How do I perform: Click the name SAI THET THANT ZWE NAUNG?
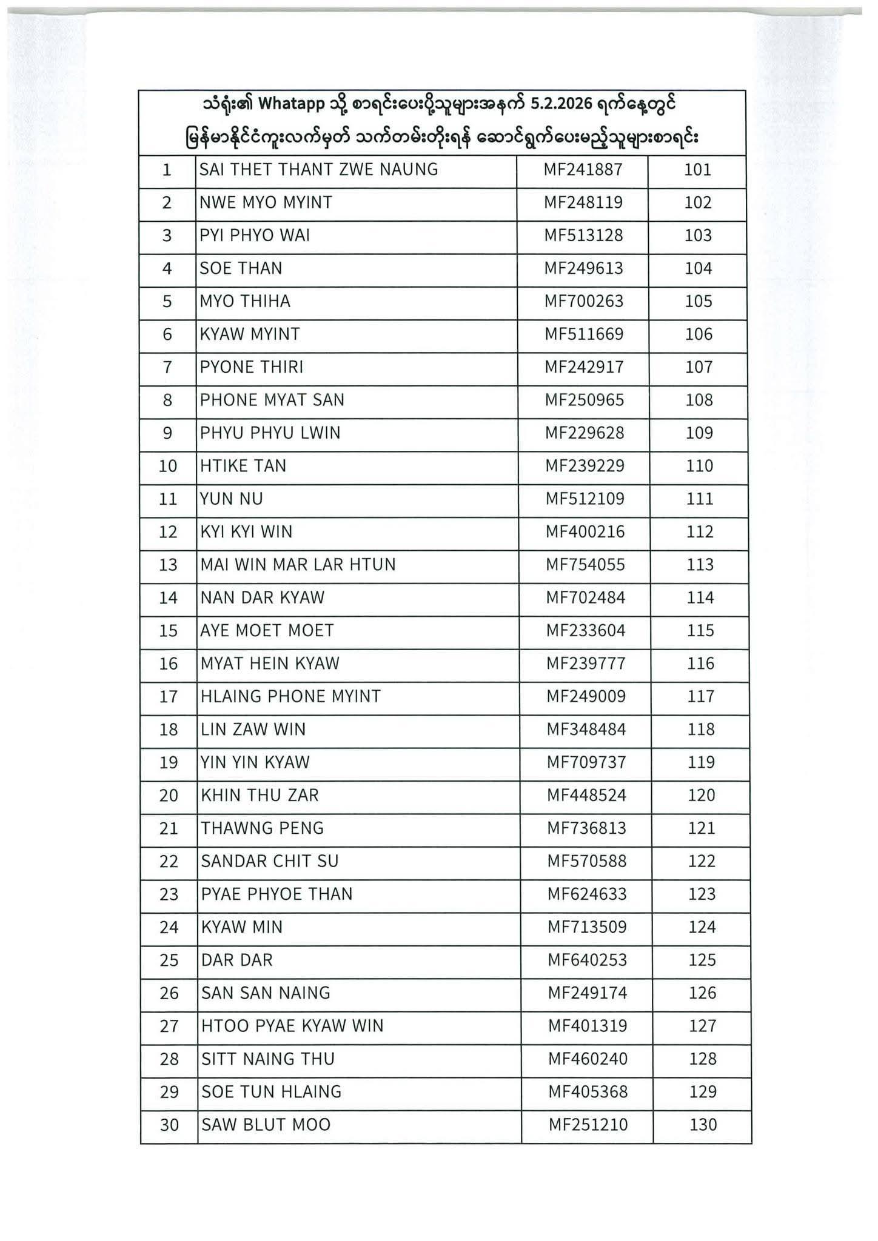[318, 170]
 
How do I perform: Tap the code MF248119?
[583, 202]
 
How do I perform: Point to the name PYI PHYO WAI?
[255, 235]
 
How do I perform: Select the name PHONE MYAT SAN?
[272, 400]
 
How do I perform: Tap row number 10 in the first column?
[168, 466]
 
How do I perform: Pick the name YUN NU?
[232, 499]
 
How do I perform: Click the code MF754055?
[586, 565]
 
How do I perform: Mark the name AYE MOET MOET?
[267, 631]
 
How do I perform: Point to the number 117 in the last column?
[701, 696]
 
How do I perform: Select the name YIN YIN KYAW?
[255, 762]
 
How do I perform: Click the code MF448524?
[586, 795]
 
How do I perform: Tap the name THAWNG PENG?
[263, 828]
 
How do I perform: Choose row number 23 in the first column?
[169, 894]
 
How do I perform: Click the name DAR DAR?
[237, 960]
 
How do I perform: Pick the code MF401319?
[588, 1026]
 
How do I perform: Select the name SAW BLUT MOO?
[266, 1125]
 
